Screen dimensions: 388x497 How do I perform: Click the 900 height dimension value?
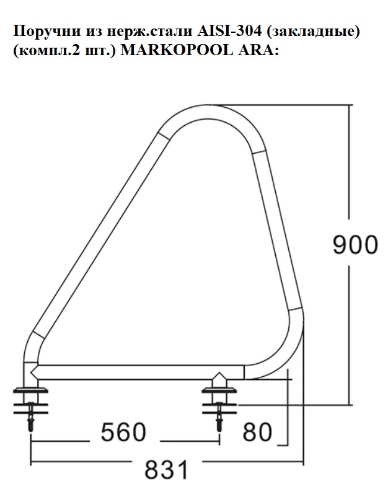pos(355,245)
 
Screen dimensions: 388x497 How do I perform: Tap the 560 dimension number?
pos(123,432)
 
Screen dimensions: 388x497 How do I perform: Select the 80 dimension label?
pos(257,432)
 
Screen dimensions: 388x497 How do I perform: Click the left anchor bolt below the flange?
pos(31,416)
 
